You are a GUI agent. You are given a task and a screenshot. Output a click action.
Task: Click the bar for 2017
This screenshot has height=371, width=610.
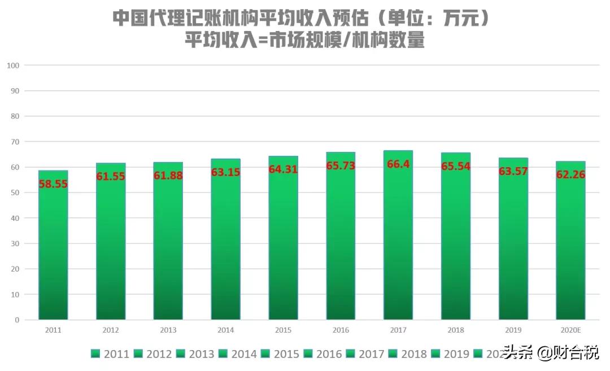pyautogui.click(x=398, y=237)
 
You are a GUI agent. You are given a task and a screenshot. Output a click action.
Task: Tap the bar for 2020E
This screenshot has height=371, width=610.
pyautogui.click(x=570, y=243)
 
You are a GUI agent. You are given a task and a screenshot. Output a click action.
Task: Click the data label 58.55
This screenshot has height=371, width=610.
pyautogui.click(x=53, y=184)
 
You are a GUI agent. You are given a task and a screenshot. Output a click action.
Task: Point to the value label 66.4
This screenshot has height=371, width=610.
pyautogui.click(x=398, y=164)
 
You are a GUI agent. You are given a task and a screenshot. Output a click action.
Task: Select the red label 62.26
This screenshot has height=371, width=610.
pyautogui.click(x=570, y=174)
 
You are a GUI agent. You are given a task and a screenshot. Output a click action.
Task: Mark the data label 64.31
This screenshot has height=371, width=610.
pyautogui.click(x=283, y=169)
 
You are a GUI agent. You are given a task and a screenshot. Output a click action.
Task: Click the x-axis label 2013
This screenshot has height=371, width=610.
pyautogui.click(x=168, y=330)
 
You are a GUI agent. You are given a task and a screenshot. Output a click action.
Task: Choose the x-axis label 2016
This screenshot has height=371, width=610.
pyautogui.click(x=341, y=330)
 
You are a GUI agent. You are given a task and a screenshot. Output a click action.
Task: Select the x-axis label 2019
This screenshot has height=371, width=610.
pyautogui.click(x=513, y=330)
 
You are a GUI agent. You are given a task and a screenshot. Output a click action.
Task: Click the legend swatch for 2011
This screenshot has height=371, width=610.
pyautogui.click(x=95, y=354)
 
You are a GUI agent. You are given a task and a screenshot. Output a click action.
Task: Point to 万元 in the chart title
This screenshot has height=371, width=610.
pyautogui.click(x=457, y=18)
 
